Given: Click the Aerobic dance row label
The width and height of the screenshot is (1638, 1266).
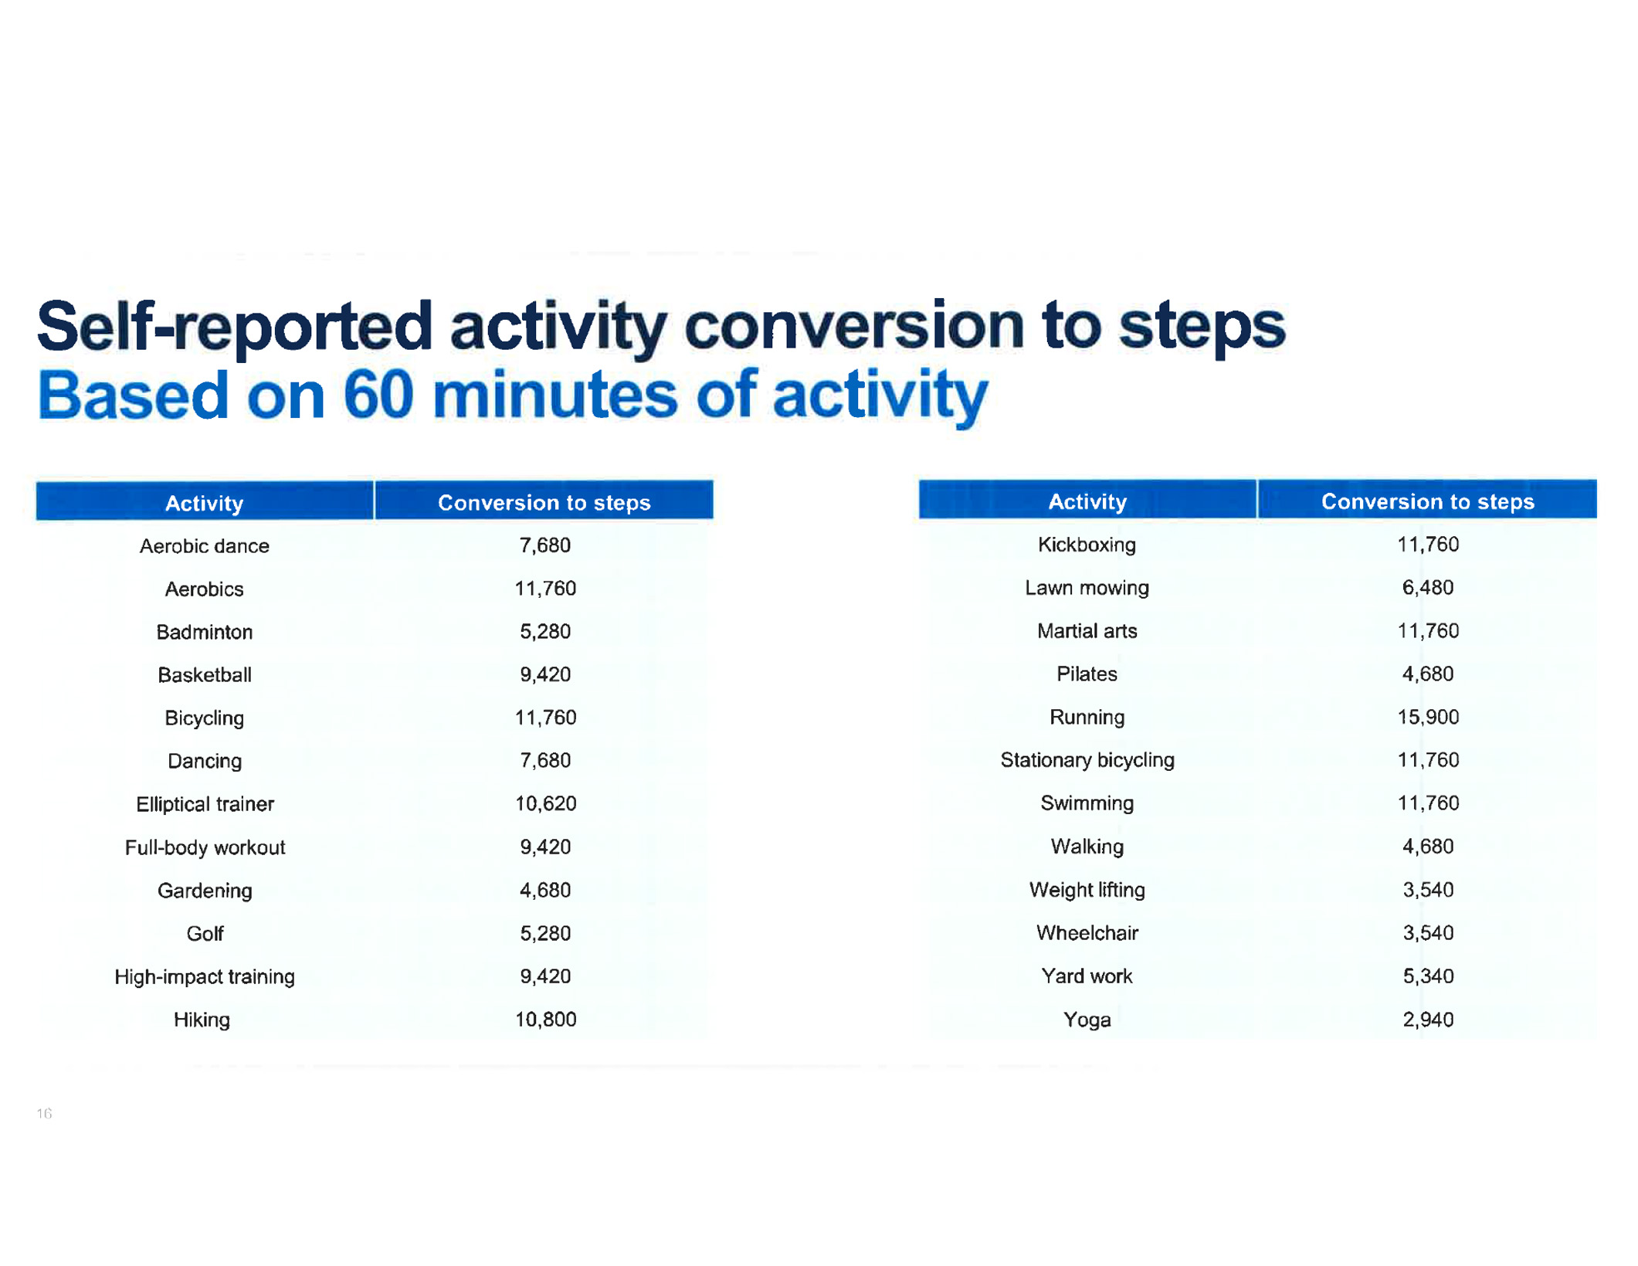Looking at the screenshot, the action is (x=204, y=546).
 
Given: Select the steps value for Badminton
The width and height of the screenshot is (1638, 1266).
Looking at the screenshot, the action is (x=545, y=632).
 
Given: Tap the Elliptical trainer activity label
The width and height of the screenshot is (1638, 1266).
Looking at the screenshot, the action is (x=205, y=804).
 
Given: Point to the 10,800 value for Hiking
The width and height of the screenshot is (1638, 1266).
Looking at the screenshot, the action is (x=545, y=1020).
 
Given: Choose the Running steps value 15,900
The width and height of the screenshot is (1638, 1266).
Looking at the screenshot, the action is (x=1428, y=717).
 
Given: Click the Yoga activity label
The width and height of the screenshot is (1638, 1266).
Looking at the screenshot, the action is (x=1087, y=1020).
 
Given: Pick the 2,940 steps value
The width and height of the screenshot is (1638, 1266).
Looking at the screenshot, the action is (x=1428, y=1020).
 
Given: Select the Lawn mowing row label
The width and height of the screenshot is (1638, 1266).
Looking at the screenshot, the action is (x=1087, y=589).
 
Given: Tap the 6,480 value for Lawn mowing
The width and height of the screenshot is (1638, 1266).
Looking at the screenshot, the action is (x=1428, y=588).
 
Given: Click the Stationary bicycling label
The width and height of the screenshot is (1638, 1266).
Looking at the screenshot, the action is (x=1087, y=761).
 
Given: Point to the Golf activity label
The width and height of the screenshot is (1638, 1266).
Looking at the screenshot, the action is (x=205, y=934).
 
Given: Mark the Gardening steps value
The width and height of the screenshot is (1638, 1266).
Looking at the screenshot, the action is (x=545, y=891).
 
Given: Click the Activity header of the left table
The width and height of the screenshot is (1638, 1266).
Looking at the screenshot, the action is (x=205, y=504).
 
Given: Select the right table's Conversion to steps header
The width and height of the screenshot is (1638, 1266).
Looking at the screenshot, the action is (x=1428, y=502).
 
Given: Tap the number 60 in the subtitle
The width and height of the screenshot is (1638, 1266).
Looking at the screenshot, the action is (x=378, y=395).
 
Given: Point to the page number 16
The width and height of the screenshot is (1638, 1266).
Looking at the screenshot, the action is (x=44, y=1114).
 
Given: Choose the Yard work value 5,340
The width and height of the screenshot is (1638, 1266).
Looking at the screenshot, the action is (x=1428, y=976).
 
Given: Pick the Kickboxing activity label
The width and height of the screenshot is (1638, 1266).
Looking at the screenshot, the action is (x=1087, y=545).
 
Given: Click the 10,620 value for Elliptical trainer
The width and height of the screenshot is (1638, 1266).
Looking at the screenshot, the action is (x=545, y=804).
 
